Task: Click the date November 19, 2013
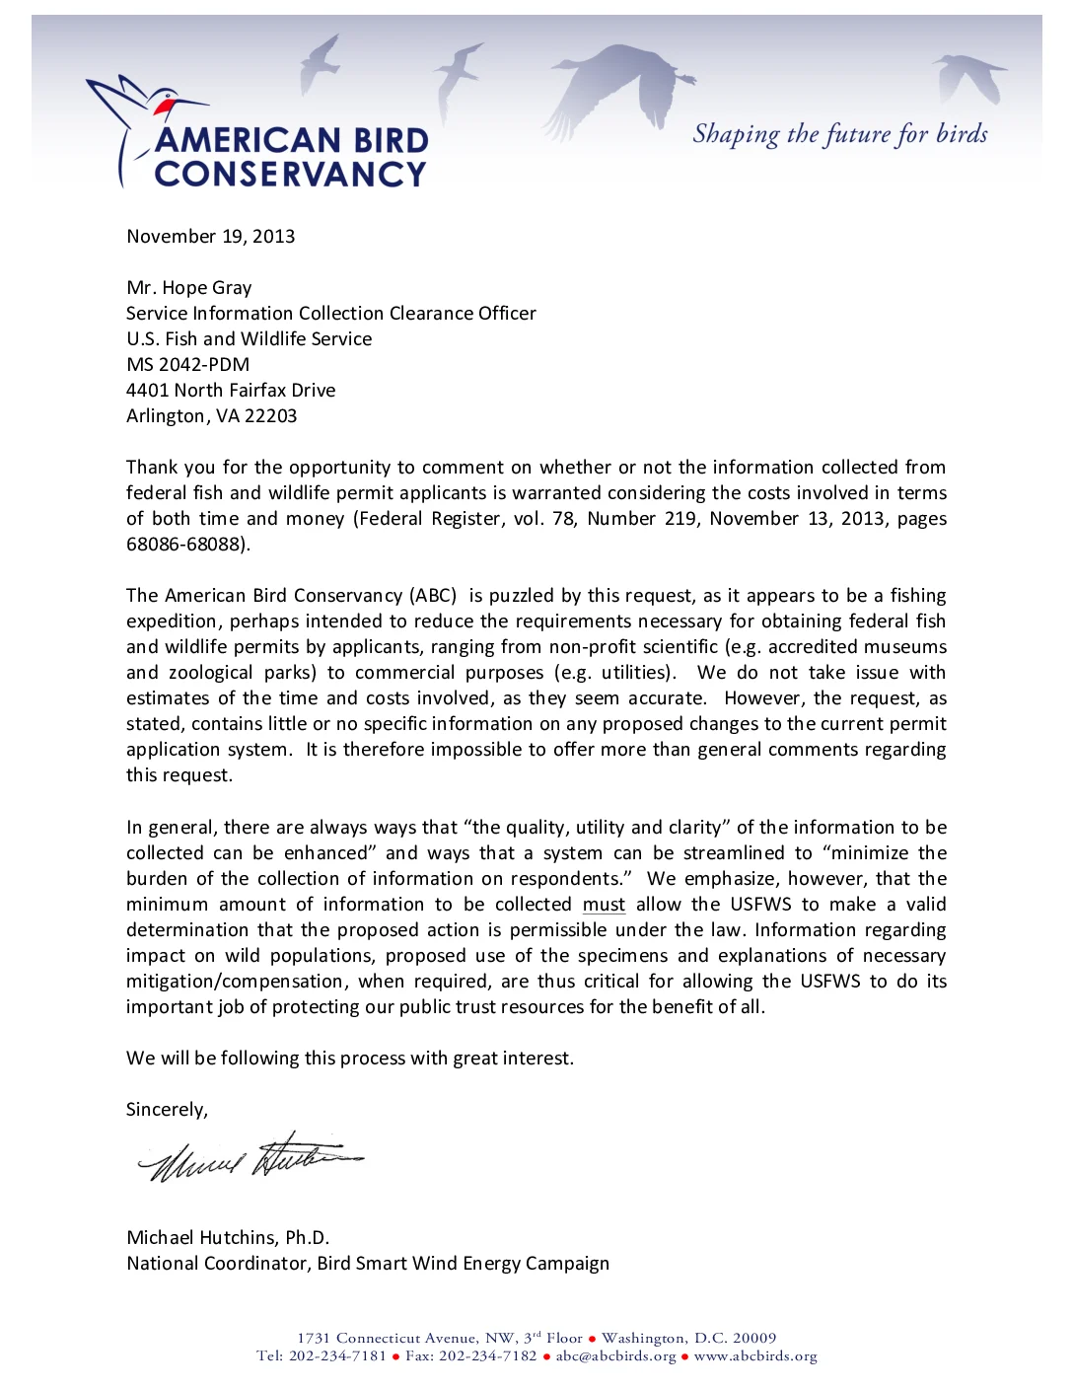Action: click(x=210, y=237)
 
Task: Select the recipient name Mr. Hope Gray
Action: click(x=188, y=288)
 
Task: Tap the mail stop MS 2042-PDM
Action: click(x=187, y=365)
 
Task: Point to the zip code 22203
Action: click(x=270, y=416)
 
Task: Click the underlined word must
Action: click(x=604, y=905)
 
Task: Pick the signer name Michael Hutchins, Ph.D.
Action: click(x=228, y=1238)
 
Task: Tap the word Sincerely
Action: click(x=166, y=1110)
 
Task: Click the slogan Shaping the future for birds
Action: click(x=839, y=134)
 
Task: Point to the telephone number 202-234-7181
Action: click(x=337, y=1356)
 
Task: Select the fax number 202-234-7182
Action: click(x=487, y=1356)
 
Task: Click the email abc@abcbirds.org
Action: click(x=615, y=1356)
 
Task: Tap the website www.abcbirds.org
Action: click(x=755, y=1356)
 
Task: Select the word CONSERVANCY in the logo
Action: click(x=290, y=175)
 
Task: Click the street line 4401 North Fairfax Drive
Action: click(x=231, y=391)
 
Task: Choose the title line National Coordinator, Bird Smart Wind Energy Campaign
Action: click(x=368, y=1264)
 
